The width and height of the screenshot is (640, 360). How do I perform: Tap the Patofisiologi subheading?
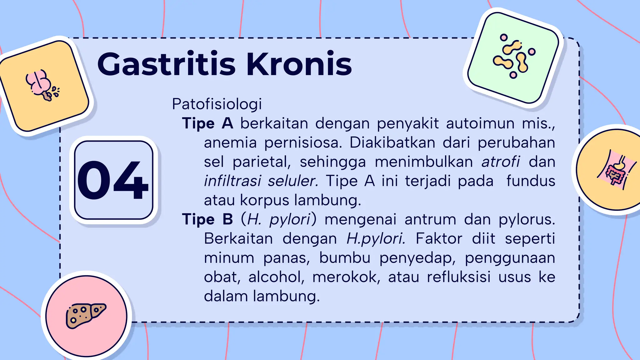[x=217, y=104]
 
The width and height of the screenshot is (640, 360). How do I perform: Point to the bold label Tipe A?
[x=207, y=123]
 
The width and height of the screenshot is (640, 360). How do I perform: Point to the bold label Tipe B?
[x=207, y=219]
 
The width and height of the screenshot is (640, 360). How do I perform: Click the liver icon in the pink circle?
[x=86, y=315]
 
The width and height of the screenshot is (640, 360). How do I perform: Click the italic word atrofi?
[x=501, y=162]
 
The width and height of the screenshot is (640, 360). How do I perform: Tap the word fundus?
[x=530, y=181]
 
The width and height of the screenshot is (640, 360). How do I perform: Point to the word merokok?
[x=346, y=277]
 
